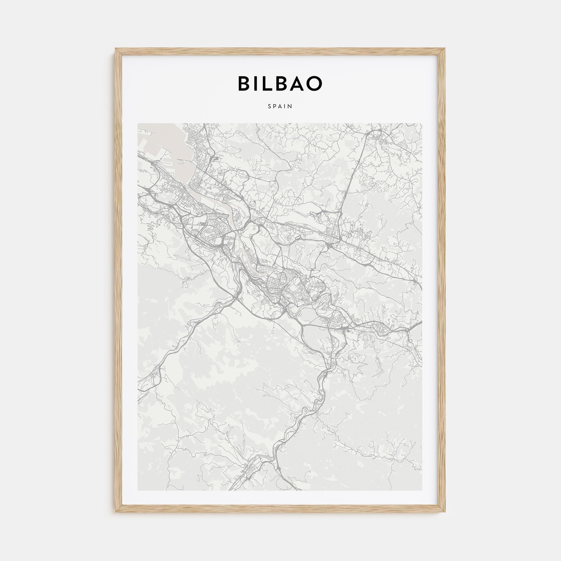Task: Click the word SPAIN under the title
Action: coord(280,106)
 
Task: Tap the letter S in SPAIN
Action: coord(270,106)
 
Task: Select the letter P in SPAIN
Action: coord(275,106)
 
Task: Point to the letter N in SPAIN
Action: coord(291,106)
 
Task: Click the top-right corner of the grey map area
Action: coord(422,124)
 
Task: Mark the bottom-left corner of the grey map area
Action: coord(138,490)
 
